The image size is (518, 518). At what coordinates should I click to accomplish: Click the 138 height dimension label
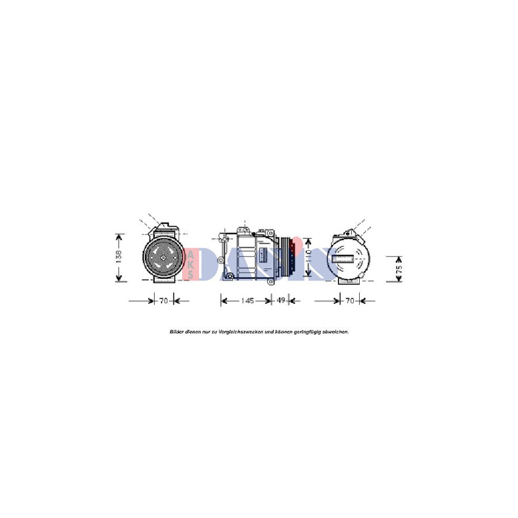[119, 257]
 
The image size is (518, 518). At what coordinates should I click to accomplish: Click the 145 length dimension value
[247, 300]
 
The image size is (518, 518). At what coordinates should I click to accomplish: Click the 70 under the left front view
[163, 300]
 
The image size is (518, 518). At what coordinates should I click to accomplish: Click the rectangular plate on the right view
[348, 258]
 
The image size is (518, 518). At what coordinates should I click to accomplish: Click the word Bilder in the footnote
[177, 332]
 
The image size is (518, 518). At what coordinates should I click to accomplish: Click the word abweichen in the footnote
[334, 332]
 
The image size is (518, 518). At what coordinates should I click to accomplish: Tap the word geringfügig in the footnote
[303, 332]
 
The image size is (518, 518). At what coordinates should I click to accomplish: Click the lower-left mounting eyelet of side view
[229, 276]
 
